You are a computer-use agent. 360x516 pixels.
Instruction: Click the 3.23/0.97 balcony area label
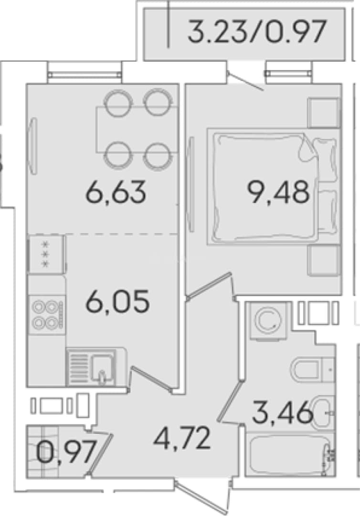pos(257,32)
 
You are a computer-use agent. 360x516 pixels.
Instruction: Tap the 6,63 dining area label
pos(116,192)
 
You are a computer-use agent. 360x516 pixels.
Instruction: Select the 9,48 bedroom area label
pos(279,192)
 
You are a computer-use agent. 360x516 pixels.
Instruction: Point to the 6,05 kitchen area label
pos(117,301)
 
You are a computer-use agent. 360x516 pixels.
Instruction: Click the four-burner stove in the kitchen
pos(47,315)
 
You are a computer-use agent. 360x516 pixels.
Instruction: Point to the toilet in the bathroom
pos(312,370)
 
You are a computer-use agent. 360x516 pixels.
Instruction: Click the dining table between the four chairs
pos(138,129)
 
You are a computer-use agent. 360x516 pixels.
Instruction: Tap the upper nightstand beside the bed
pos(324,112)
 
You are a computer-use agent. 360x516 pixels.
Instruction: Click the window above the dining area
pos(85,75)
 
